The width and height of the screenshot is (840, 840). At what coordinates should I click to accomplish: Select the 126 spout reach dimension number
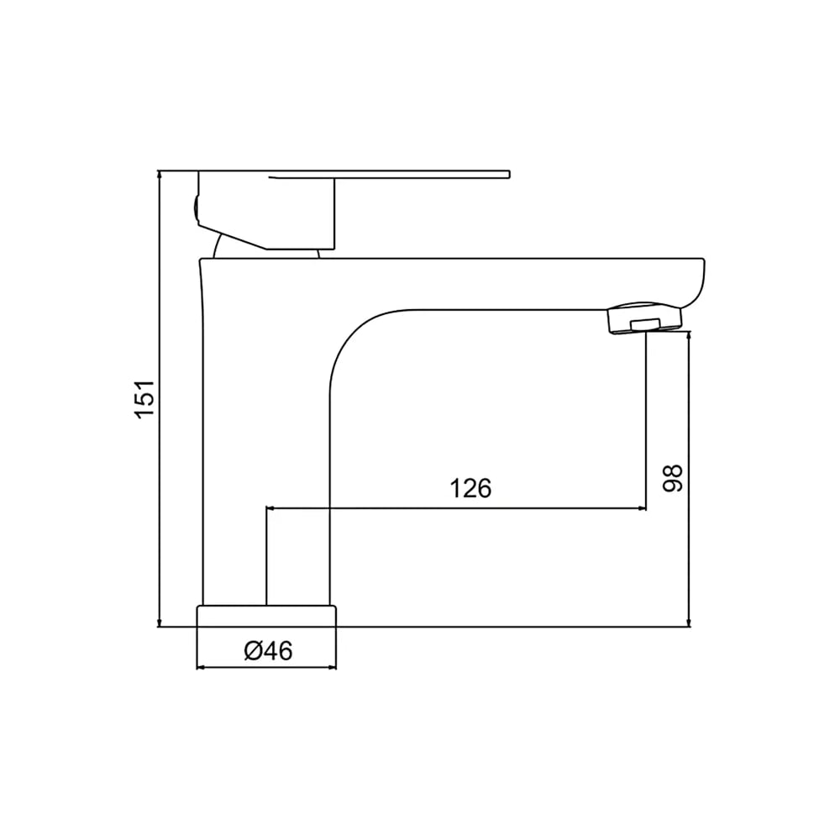click(470, 488)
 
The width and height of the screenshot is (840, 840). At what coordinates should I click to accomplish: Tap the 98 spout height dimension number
click(673, 478)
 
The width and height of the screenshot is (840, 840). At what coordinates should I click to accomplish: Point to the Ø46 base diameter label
click(269, 651)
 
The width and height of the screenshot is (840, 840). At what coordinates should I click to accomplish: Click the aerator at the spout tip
click(644, 319)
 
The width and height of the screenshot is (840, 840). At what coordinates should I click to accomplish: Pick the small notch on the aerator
click(645, 324)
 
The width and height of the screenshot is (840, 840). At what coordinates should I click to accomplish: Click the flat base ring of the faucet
click(267, 616)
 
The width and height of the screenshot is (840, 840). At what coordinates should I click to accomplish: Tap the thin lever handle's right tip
click(509, 174)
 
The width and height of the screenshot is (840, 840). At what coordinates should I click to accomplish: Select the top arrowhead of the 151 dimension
click(159, 174)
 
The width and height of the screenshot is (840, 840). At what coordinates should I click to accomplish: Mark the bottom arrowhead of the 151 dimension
click(159, 622)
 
